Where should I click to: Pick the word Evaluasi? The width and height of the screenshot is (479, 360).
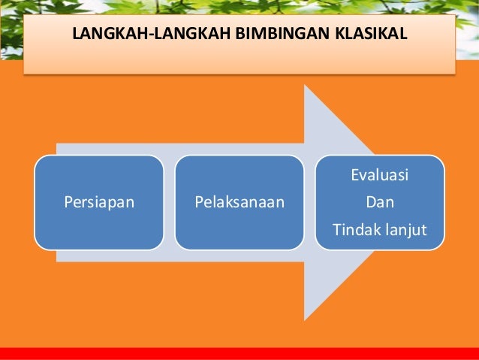click(379, 177)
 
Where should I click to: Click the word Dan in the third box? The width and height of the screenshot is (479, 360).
click(379, 202)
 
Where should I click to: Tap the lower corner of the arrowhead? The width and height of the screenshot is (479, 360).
click(306, 319)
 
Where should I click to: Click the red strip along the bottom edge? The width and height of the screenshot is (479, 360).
click(239, 354)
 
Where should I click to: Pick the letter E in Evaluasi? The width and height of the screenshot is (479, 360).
click(354, 177)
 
